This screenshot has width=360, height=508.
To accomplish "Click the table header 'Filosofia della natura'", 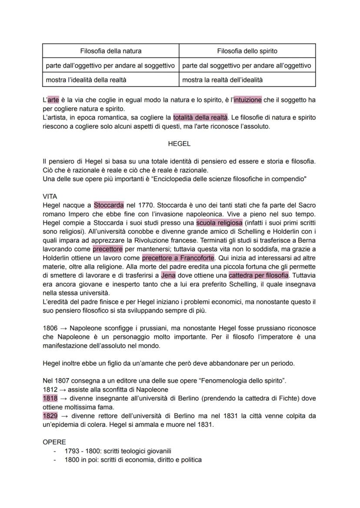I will point(110,51).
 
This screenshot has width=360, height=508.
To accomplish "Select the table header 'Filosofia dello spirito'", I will point(247,51).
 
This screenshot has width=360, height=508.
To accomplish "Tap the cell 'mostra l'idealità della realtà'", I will point(87,80).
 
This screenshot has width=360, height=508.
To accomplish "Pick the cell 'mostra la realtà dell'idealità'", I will point(222,80).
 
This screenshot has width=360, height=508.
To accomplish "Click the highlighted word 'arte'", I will point(53,100).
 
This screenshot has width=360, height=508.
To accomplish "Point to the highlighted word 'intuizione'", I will point(247,100).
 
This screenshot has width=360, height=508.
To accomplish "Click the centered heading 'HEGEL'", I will point(179,143).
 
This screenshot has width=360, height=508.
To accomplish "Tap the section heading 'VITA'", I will point(50,196).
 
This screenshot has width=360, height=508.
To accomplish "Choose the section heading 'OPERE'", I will point(54,442).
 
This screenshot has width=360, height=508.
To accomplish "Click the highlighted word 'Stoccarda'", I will point(109,205).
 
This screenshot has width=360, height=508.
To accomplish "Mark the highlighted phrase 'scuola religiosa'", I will point(219,222).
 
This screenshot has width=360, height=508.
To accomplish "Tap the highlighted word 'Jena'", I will point(168,275).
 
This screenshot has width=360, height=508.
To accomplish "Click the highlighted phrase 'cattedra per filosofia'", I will point(258,275).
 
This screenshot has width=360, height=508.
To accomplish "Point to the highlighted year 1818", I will point(50,398).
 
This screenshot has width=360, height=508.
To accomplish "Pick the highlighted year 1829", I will point(50,415).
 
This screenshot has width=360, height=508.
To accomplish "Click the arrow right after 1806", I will point(63,328).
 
